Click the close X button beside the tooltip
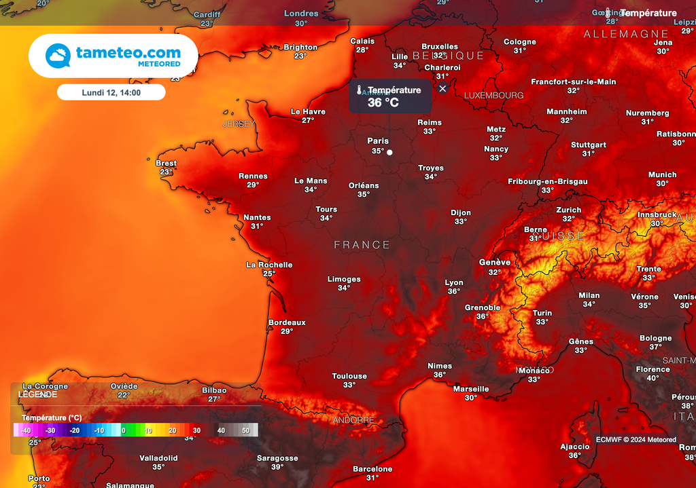tap(442, 88)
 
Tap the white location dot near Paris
tap(389, 153)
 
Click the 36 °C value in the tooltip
tap(383, 102)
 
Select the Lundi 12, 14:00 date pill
tap(111, 92)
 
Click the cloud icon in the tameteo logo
tap(58, 56)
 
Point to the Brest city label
tap(166, 163)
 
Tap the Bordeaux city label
tap(287, 322)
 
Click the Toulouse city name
tap(349, 376)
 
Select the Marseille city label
tap(470, 389)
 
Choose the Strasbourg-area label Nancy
tap(496, 149)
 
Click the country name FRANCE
tap(362, 244)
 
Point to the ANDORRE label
tap(353, 420)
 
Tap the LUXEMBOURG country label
tap(494, 96)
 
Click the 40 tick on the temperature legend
tap(221, 430)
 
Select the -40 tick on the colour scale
tap(26, 430)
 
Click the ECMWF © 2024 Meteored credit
tap(636, 439)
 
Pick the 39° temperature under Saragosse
tap(277, 467)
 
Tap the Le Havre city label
tap(308, 111)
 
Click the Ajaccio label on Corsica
tap(575, 447)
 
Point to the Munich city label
tap(662, 174)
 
